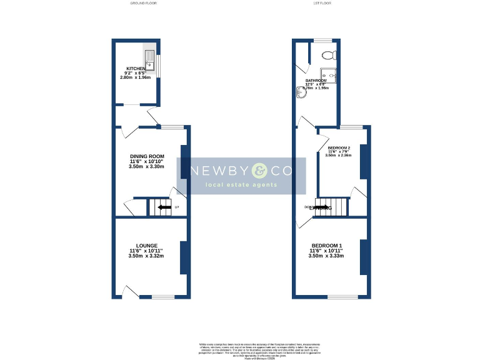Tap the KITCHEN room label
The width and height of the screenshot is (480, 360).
coord(136,69)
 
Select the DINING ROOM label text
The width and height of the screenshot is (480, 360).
coord(147,156)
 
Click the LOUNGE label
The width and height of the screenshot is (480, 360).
coord(147,245)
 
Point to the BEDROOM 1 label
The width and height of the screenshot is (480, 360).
coord(327,245)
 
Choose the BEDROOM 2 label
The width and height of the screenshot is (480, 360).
coord(339,148)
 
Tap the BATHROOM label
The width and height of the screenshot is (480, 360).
coord(316,81)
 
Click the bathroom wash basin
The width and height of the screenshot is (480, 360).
coord(299,92)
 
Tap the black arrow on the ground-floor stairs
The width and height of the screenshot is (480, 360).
coord(165,207)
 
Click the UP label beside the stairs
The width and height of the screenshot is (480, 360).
coord(177,207)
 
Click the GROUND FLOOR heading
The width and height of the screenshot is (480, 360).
coord(143,3)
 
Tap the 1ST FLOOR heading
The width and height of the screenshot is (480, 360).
coord(322,3)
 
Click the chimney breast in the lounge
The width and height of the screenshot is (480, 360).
coord(184,257)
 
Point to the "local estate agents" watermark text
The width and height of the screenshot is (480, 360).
coord(242,186)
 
